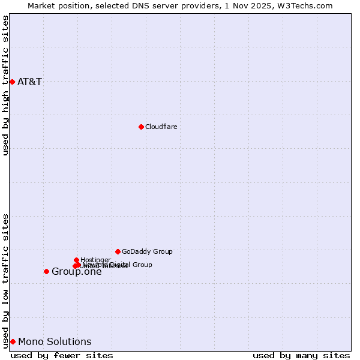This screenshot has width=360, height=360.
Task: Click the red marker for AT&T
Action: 12,82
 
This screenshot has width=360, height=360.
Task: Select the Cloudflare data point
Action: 141,127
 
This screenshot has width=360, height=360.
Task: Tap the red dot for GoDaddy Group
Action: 118,251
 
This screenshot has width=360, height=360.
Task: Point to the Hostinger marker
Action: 76,260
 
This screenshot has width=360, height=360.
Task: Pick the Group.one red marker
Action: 46,271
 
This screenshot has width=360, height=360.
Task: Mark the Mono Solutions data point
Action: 13,341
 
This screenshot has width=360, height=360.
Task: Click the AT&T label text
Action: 29,82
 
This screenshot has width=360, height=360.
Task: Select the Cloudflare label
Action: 161,127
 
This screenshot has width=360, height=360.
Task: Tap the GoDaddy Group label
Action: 147,251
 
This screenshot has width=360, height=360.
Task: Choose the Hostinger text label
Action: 95,260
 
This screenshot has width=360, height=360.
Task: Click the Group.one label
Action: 76,272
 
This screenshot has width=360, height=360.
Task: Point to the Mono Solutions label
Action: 55,342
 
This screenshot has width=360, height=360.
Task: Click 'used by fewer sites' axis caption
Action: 62,355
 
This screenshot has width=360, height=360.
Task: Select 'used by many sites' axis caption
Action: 301,355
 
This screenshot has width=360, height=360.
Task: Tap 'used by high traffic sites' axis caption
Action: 5,85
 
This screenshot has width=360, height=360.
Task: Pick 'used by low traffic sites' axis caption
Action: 5,281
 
